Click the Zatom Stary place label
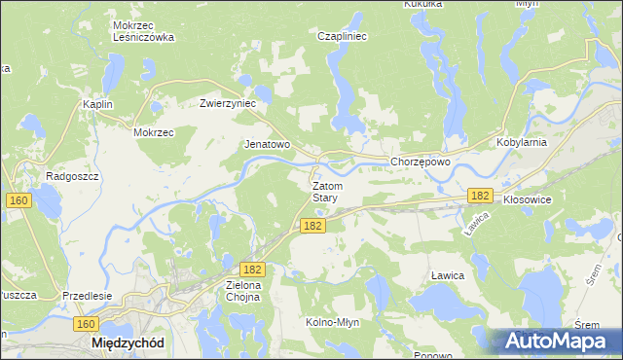(325, 191)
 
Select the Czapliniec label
(341, 36)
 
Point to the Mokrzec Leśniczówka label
(143, 31)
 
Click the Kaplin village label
(98, 104)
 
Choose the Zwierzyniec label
(227, 102)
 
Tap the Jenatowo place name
(267, 144)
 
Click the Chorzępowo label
(420, 162)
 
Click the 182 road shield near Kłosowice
(479, 196)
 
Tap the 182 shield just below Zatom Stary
(312, 226)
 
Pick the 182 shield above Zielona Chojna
(251, 268)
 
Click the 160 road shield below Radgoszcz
(18, 199)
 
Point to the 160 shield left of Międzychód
(86, 324)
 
